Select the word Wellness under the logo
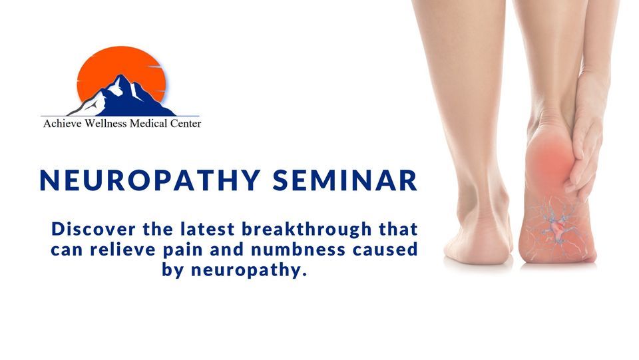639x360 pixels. (106, 123)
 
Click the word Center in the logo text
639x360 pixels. (186, 123)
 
